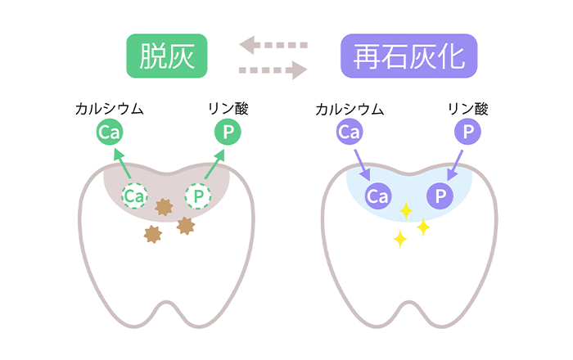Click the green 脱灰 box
[167, 56]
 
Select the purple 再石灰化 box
[409, 56]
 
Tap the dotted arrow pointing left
[273, 45]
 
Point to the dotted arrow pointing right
[273, 70]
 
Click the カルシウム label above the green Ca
[109, 109]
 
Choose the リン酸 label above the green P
[228, 109]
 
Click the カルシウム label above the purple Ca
[350, 109]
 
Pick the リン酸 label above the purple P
[468, 109]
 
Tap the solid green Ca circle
[110, 132]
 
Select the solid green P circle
[228, 132]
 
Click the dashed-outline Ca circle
[134, 196]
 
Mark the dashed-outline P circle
[198, 196]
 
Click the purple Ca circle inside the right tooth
[378, 196]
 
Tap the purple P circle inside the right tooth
[440, 196]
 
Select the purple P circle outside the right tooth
[467, 132]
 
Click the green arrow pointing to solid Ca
[123, 164]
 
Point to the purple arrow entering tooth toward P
[455, 165]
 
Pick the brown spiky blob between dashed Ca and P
[164, 207]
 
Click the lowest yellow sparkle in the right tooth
[400, 239]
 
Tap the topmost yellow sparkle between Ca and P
[406, 210]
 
